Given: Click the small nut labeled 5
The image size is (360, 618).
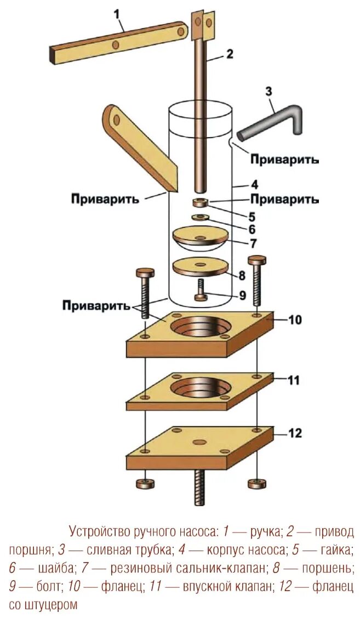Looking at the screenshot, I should (x=200, y=203).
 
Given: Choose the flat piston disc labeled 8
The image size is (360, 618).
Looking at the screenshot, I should (x=200, y=267).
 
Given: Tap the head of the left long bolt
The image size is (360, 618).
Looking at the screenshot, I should (x=145, y=273).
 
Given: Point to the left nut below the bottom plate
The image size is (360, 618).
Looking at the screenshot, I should (x=145, y=484).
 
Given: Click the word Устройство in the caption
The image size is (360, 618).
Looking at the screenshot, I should (x=99, y=531).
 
